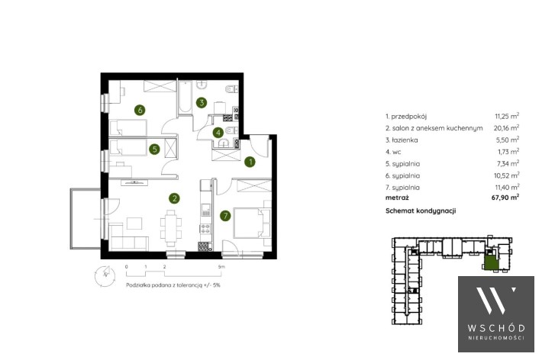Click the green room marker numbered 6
coord(140,110)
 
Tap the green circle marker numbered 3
coord(202,102)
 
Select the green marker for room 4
coord(218,132)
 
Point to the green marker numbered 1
coord(250,162)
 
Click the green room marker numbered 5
coord(154,149)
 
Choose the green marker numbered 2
coord(174,198)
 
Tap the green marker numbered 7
coord(225,216)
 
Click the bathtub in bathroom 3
coord(185,97)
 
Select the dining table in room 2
coord(171,228)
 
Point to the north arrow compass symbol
coord(105,276)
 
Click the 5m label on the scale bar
coord(221,267)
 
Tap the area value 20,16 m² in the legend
coord(506,127)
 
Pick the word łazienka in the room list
coord(405,140)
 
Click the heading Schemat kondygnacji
coord(421,211)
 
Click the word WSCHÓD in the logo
coord(496,328)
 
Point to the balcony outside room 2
coord(85,218)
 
